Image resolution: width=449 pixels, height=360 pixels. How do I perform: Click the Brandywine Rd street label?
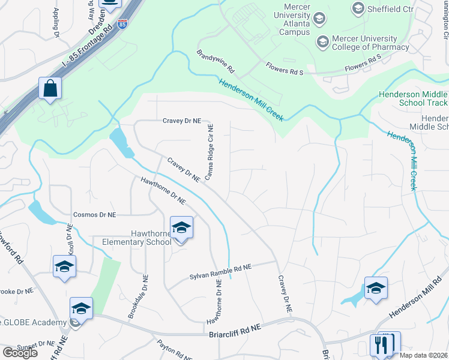215,62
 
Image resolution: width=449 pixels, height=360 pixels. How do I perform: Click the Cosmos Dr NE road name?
94,214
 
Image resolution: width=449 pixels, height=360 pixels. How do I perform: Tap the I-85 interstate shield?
122,24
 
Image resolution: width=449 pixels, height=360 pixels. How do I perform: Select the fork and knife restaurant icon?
381,345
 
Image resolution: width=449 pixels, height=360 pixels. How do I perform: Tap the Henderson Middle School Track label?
414,99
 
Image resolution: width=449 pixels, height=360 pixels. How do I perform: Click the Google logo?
20,352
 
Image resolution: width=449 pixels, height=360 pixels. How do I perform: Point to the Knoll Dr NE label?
70,240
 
